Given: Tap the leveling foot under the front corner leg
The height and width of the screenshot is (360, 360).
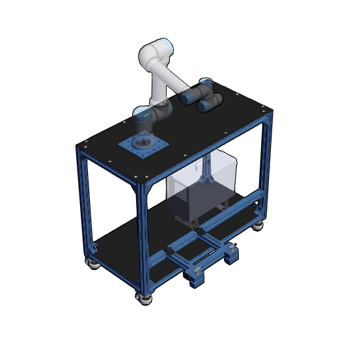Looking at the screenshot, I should (143, 298).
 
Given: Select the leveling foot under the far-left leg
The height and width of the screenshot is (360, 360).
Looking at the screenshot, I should (92, 262).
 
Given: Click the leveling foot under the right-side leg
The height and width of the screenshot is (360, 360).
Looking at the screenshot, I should (260, 225).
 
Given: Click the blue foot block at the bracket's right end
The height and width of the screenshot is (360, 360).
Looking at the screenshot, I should (232, 257).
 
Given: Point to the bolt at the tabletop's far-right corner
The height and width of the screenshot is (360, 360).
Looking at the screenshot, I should (266, 109).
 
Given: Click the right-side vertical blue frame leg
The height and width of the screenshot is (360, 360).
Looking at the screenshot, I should (266, 163).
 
